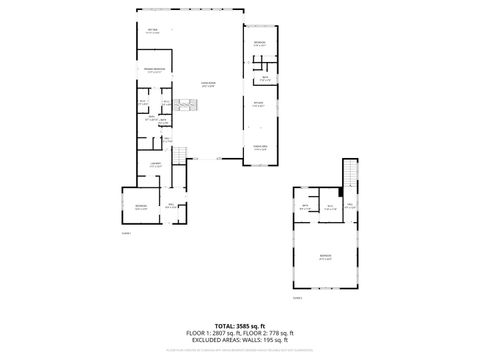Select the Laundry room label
point(155,164)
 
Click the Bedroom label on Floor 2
point(324,257)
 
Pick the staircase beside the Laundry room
point(180,156)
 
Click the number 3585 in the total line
point(247,325)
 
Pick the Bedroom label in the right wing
point(259,43)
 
